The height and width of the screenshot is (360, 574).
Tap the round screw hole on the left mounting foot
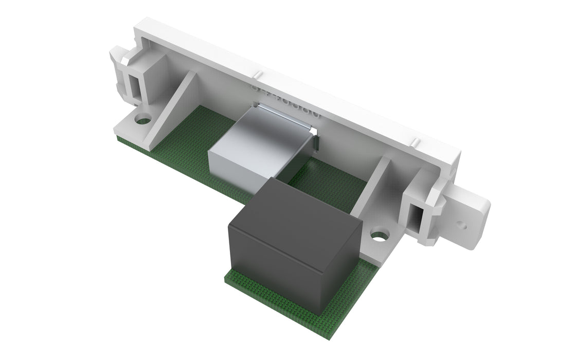[143, 121]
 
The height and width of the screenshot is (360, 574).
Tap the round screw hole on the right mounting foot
[379, 237]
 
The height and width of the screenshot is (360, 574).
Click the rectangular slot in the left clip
[135, 84]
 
